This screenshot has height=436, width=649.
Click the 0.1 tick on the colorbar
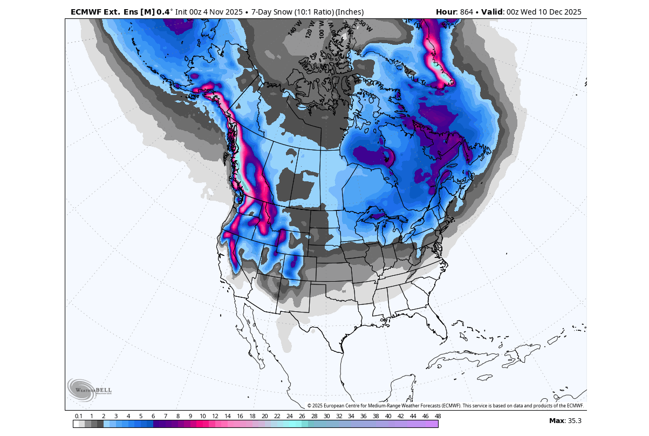pyautogui.click(x=78, y=416)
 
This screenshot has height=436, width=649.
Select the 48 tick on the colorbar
pyautogui.click(x=438, y=416)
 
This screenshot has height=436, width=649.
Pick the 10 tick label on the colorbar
pyautogui.click(x=202, y=416)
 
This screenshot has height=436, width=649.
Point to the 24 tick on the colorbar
pyautogui.click(x=290, y=416)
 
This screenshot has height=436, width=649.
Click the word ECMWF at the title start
pyautogui.click(x=86, y=12)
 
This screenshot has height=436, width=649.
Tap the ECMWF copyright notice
pyautogui.click(x=446, y=406)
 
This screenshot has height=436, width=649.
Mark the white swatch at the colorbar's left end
pyautogui.click(x=76, y=424)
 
